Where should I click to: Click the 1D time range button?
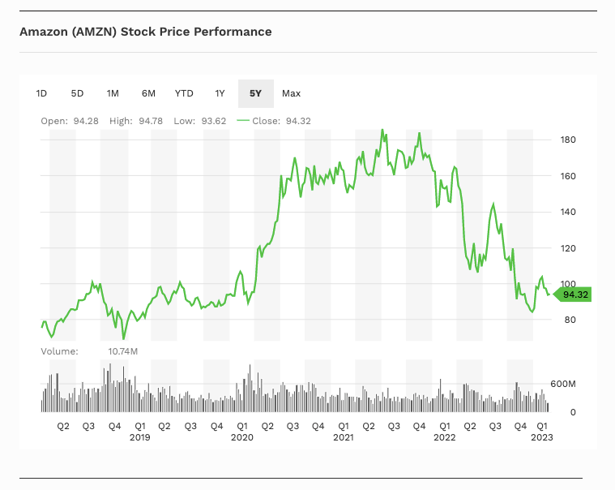coord(41,93)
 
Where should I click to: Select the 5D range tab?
coord(77,93)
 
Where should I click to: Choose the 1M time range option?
coord(113,93)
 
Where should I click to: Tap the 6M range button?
coord(148,93)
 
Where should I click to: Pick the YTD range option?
coord(184,93)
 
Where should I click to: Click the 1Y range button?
coord(220,93)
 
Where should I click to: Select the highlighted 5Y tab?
coord(255,93)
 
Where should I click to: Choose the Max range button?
coord(291,93)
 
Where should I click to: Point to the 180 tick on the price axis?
coord(568,140)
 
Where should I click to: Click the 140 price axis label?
coord(568,213)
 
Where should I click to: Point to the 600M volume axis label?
coord(562,384)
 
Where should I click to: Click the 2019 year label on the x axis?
coord(140,437)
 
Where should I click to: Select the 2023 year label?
coord(542,437)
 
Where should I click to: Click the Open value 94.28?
coord(85,121)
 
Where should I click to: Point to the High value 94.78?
coord(151,121)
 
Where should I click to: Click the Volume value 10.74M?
coord(123,351)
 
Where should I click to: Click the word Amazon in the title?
coord(44,32)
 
